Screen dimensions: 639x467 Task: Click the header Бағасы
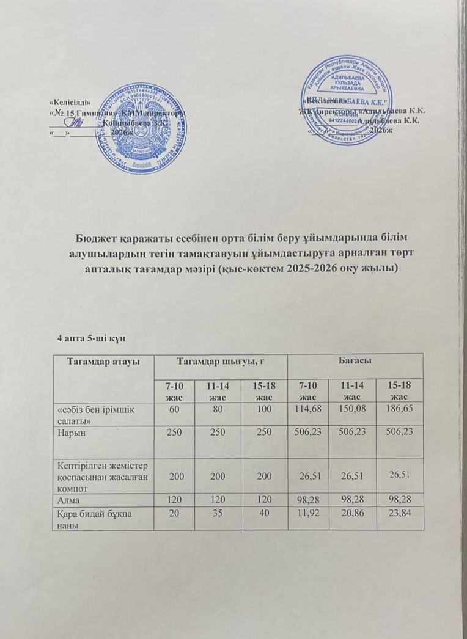point(355,362)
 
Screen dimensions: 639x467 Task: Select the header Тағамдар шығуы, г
point(212,362)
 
